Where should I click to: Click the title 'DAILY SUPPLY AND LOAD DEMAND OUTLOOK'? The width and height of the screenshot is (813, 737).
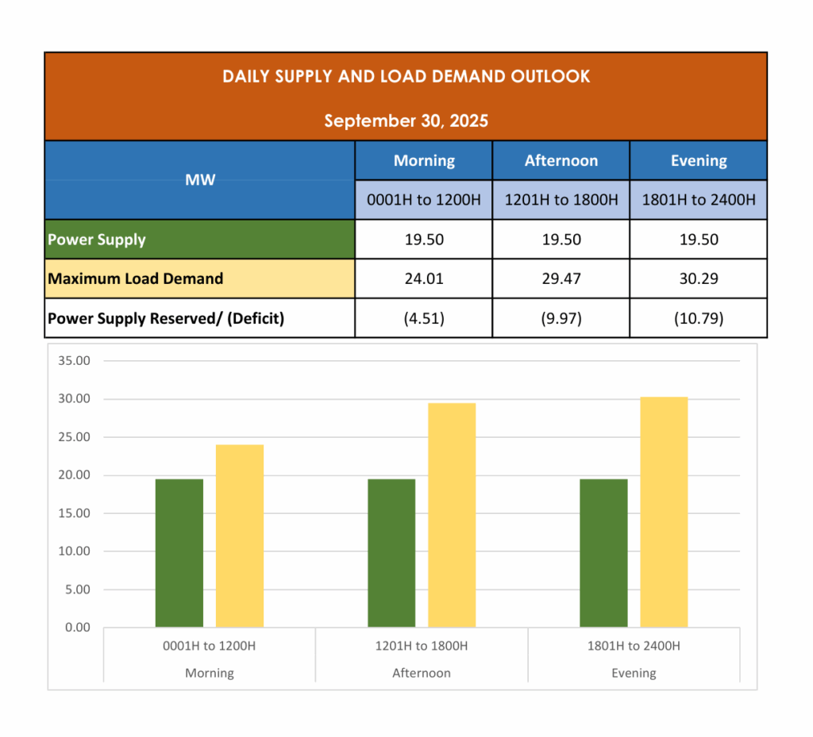coord(406,77)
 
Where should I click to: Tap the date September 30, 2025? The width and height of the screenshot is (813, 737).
coord(406,121)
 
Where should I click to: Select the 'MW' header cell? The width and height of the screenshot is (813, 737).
coord(200,180)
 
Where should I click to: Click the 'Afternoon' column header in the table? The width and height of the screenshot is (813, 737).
coord(561,161)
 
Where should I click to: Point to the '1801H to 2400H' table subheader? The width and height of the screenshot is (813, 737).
coord(698,200)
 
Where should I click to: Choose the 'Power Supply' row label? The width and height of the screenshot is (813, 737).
coord(97,240)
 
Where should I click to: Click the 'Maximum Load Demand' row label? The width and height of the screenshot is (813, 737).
coord(136,279)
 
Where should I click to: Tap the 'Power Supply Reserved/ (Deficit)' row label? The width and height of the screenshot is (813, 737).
coord(166,319)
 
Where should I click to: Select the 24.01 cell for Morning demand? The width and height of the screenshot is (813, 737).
coord(424,279)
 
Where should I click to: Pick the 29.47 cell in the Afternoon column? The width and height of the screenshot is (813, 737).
coord(561,279)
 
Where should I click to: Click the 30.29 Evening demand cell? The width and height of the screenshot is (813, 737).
coord(698,279)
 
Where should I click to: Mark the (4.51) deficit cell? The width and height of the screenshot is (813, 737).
coord(424,319)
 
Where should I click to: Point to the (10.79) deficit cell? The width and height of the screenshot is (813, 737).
coord(698,319)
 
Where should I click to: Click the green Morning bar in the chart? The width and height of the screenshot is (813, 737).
coord(179,553)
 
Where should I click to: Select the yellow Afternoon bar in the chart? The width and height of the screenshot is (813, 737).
coord(452,515)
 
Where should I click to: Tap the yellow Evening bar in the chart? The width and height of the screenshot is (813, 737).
coord(664,512)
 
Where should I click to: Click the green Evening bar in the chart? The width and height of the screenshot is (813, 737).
coord(603,553)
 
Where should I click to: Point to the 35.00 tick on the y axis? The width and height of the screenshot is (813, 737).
coord(75,361)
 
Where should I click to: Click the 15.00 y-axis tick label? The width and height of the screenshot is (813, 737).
coord(75,513)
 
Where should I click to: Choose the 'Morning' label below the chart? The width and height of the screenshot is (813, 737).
coord(210,674)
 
